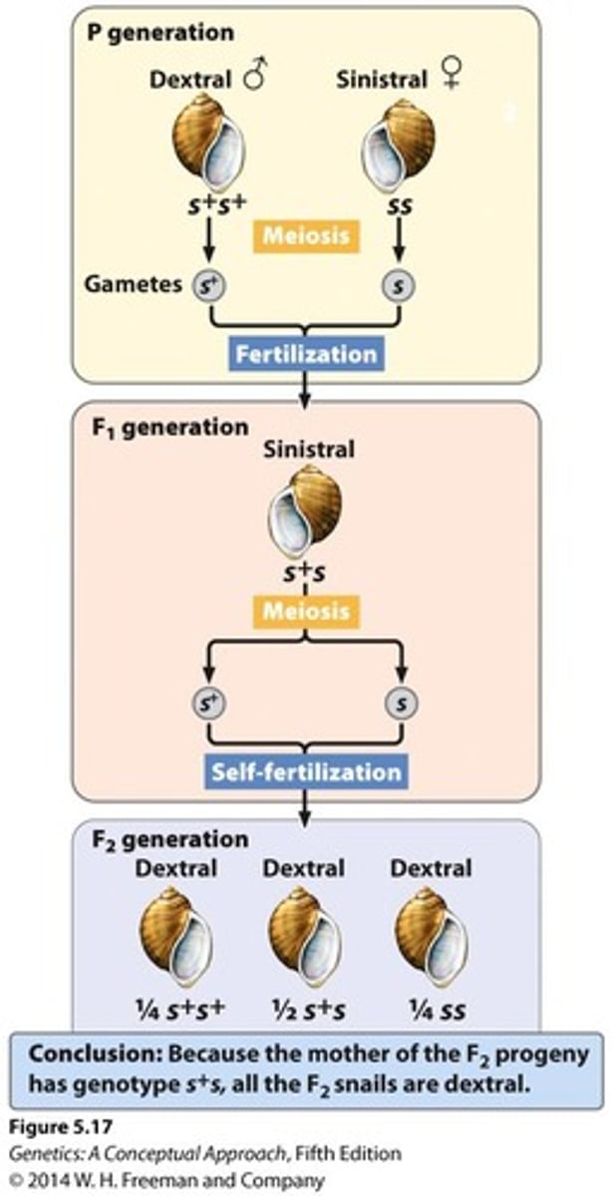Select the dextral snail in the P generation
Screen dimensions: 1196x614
click(210, 145)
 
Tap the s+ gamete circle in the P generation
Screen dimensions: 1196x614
click(210, 285)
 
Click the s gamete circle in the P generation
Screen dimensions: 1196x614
click(400, 286)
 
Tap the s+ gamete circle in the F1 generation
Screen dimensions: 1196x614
click(210, 705)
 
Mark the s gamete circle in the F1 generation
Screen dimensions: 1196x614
click(400, 705)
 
